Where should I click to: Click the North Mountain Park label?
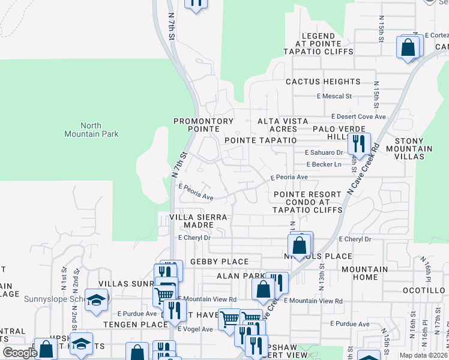pyautogui.click(x=91, y=130)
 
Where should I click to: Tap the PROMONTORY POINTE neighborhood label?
pyautogui.click(x=203, y=125)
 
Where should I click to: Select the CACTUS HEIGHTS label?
pyautogui.click(x=323, y=82)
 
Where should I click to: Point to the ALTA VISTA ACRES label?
pyautogui.click(x=277, y=125)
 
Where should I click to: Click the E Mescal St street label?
pyautogui.click(x=334, y=96)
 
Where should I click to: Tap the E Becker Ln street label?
pyautogui.click(x=324, y=164)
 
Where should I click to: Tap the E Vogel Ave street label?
pyautogui.click(x=195, y=329)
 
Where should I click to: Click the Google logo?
pyautogui.click(x=20, y=353)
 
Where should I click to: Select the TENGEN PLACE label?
pyautogui.click(x=135, y=325)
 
